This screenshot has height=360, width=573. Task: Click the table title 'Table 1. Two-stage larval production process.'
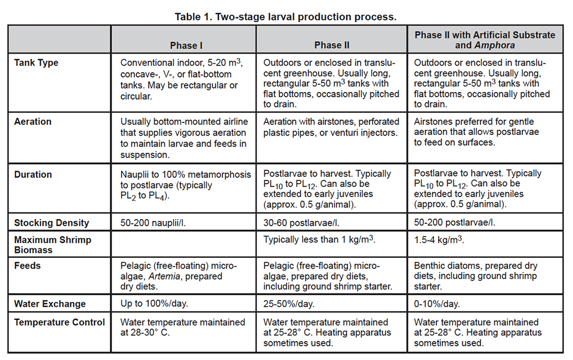click(x=285, y=17)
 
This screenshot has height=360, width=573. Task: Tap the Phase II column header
click(x=332, y=45)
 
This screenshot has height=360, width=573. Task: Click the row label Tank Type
click(x=36, y=63)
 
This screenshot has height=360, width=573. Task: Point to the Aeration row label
click(x=33, y=121)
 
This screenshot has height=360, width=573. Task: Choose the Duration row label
click(x=33, y=174)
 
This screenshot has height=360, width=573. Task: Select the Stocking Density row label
click(x=52, y=223)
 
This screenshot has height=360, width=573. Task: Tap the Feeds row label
click(x=28, y=266)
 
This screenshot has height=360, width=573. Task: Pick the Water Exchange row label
click(x=50, y=303)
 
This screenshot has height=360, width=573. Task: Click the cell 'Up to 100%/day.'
click(x=155, y=303)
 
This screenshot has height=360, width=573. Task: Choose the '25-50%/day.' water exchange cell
click(x=289, y=303)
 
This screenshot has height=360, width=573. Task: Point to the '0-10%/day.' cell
click(x=438, y=303)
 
